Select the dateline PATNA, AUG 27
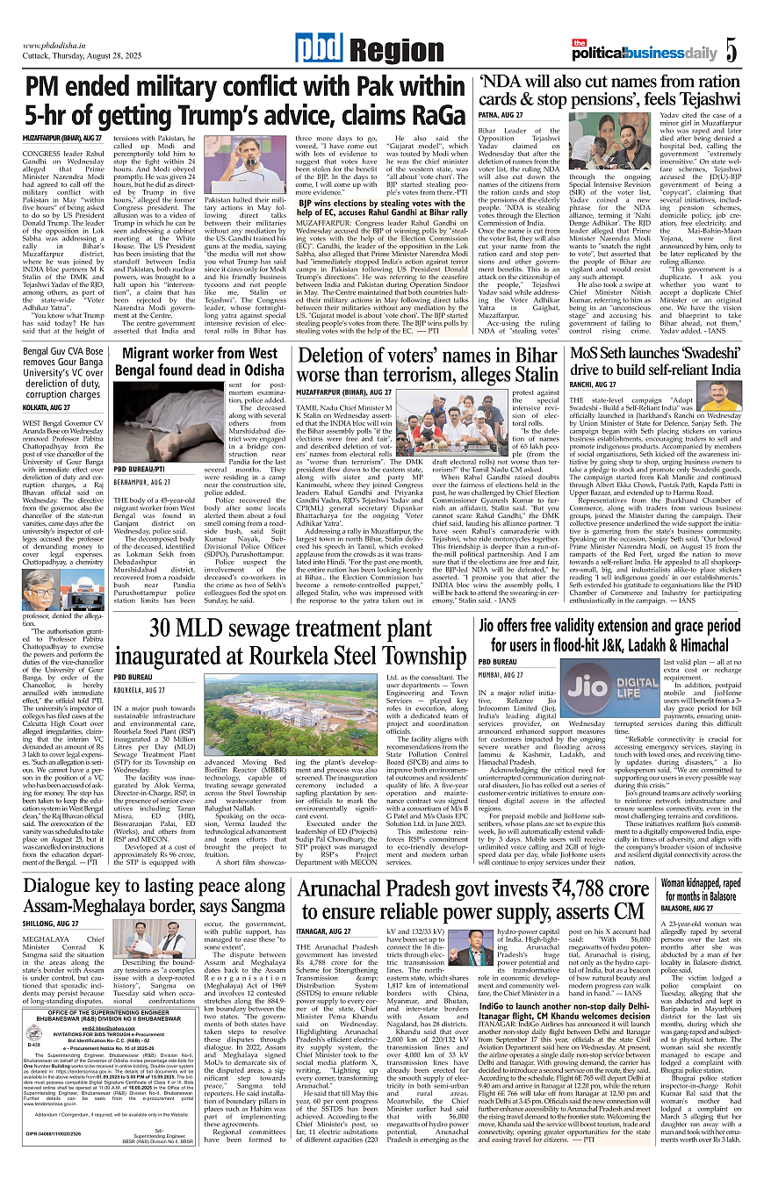point(501,115)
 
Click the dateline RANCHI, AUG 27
point(599,385)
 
